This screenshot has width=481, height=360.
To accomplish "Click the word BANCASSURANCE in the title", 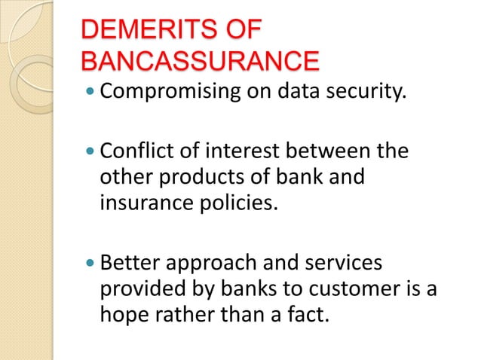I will (199, 62).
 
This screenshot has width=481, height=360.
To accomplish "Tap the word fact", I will (311, 315).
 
